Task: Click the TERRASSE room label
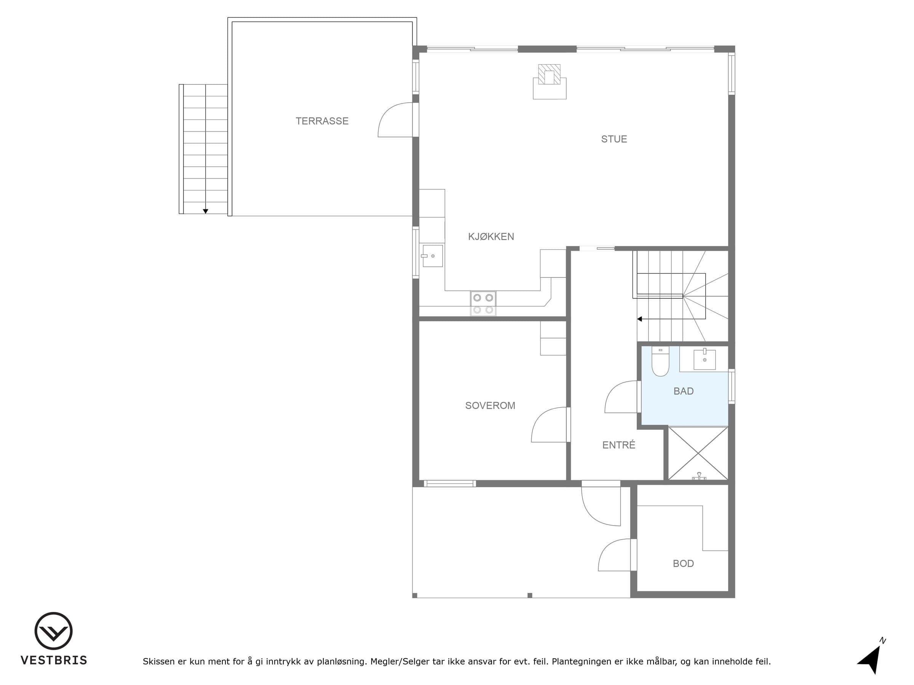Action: click(x=322, y=121)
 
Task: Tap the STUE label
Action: click(x=614, y=139)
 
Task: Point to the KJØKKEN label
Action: click(x=491, y=237)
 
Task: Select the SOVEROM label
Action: click(x=490, y=405)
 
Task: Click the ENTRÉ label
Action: click(x=618, y=445)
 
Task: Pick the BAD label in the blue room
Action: click(x=684, y=391)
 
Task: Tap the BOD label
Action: click(x=684, y=563)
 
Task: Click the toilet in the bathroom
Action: click(x=660, y=361)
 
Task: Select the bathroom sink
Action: click(x=705, y=359)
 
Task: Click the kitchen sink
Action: click(x=432, y=256)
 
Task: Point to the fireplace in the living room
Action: click(x=550, y=82)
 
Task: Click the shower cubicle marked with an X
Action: click(x=698, y=453)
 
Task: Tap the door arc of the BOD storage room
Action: click(x=608, y=548)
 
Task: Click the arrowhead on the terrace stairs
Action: click(x=205, y=212)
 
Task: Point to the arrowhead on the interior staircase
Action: click(x=640, y=319)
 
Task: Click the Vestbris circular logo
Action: click(x=53, y=631)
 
